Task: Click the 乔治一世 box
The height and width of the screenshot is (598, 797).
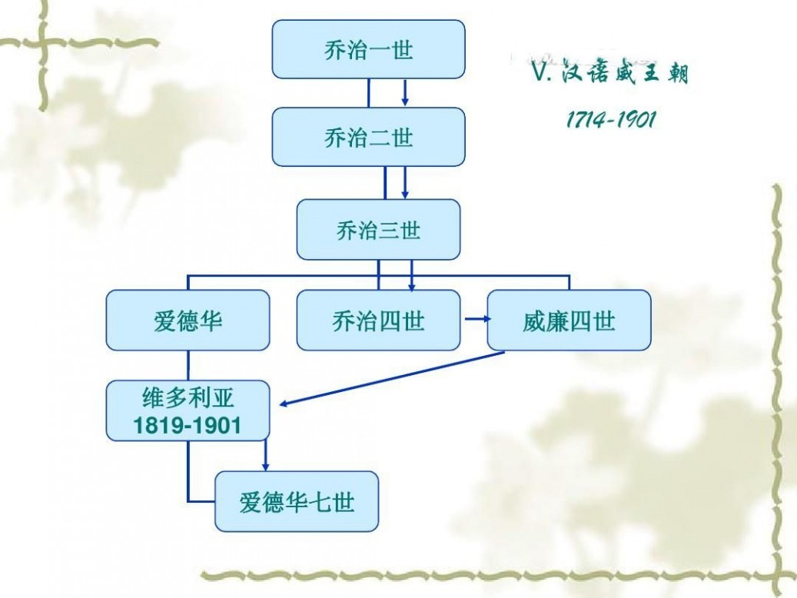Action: tap(368, 49)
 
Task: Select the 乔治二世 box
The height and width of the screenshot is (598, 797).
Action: tap(368, 137)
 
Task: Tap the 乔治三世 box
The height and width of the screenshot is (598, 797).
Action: tap(379, 229)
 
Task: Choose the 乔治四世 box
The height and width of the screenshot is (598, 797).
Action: tap(379, 321)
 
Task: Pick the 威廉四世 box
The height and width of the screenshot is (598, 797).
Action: tap(570, 321)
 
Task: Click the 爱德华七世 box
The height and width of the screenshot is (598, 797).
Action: tap(297, 501)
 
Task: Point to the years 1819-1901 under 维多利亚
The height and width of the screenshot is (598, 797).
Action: tap(187, 425)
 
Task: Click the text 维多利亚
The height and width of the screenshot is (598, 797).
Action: tap(188, 397)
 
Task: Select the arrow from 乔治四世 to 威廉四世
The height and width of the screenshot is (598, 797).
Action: tap(478, 319)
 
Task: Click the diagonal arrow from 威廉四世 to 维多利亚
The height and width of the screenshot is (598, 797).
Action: tap(392, 378)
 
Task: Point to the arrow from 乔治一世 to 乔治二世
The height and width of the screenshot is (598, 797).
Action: tap(405, 92)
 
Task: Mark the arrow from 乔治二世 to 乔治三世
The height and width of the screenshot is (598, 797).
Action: tap(405, 183)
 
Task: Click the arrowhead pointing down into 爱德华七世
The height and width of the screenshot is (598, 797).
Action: tap(265, 467)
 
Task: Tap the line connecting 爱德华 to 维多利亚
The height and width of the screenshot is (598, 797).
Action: tap(188, 366)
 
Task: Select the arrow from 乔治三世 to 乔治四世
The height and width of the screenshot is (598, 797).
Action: tap(412, 276)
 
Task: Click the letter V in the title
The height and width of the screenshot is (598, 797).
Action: tap(539, 73)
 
